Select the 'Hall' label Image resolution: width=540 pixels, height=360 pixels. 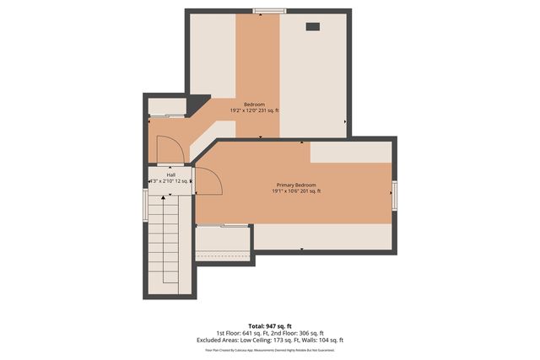tap(170, 175)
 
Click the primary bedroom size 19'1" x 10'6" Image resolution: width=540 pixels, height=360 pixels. tap(295, 191)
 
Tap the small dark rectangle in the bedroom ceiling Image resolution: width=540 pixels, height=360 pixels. tap(313, 26)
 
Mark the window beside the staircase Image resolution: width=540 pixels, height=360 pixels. tap(145, 205)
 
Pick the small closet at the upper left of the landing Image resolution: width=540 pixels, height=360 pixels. tap(166, 106)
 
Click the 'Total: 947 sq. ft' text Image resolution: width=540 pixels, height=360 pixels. tap(270, 325)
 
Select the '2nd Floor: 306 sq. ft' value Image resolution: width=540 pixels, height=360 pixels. tap(299, 332)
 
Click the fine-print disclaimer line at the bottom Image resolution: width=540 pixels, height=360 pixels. tap(270, 349)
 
